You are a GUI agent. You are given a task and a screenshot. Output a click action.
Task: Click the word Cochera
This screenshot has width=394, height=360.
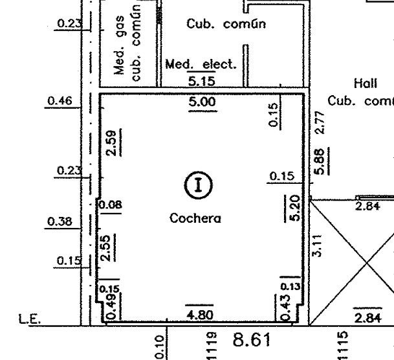pos(195,218)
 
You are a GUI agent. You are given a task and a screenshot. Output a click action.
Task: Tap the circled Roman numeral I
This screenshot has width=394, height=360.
pos(199,185)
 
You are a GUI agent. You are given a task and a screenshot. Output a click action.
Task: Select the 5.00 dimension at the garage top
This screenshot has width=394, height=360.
pos(202,102)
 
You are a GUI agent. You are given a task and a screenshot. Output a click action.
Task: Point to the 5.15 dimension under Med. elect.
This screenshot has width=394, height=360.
pos(202,81)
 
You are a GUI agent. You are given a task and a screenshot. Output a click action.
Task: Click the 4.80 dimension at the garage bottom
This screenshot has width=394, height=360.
pos(200,315)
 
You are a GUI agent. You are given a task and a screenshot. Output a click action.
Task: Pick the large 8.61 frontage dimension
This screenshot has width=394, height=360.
pos(252,340)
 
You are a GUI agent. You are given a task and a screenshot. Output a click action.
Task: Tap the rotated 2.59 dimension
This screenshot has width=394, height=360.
pos(111,143)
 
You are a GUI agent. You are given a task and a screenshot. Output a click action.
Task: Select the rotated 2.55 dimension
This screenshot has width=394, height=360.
pos(105,248)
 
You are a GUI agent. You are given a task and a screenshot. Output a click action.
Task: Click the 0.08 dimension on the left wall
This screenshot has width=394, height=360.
pos(111,205)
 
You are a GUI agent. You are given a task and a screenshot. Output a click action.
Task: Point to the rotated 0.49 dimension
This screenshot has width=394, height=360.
pos(111,306)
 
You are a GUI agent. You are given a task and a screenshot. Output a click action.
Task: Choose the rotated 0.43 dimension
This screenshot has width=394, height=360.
pos(285,308)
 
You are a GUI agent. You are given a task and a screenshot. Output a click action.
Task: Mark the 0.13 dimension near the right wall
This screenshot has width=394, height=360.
pos(290,286)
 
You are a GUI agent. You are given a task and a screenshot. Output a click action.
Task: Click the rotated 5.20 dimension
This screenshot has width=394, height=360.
pos(295,208)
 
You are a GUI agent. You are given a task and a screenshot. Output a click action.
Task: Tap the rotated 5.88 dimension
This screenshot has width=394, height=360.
pos(319,161)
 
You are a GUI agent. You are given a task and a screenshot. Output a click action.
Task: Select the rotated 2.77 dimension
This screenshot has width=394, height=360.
pos(321,122)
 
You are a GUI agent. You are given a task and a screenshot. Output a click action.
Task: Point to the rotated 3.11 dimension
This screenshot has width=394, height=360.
pos(317,245)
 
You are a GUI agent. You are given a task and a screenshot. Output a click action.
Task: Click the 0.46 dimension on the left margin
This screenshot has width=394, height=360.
pos(56,101)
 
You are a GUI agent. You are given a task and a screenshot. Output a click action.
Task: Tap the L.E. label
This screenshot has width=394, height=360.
pos(30,319)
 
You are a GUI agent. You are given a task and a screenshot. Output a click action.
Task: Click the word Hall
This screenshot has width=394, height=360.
pos(366,84)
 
